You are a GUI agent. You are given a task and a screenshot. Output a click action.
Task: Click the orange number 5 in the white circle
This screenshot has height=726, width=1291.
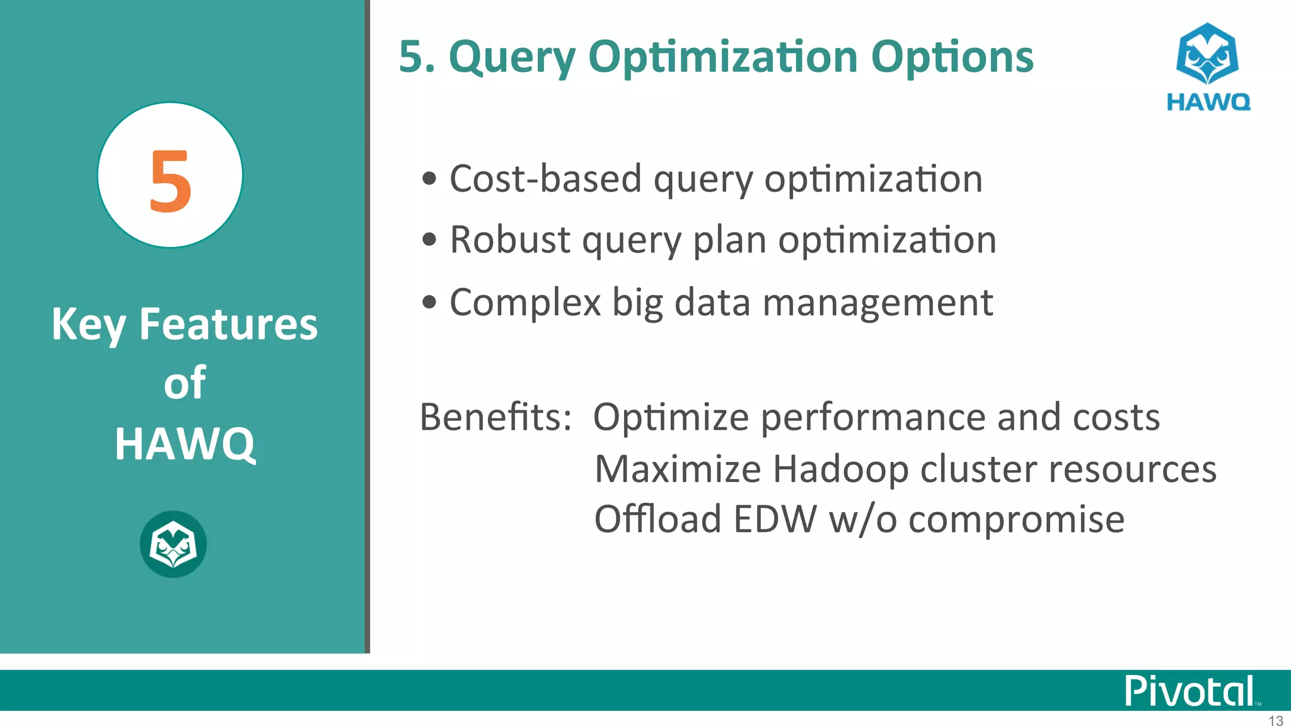click(170, 181)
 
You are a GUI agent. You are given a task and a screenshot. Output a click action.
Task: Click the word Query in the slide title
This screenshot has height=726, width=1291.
click(512, 58)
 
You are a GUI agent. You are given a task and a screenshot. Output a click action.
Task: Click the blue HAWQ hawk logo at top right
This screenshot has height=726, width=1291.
click(1207, 54)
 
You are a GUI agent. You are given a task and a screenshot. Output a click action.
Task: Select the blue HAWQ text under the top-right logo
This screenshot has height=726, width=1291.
click(1208, 102)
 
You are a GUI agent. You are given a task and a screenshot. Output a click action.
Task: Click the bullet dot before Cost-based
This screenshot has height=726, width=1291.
click(429, 179)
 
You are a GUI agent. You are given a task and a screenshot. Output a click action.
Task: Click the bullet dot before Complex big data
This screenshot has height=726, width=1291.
click(429, 302)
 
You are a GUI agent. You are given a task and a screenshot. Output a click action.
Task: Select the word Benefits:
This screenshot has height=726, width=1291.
click(495, 417)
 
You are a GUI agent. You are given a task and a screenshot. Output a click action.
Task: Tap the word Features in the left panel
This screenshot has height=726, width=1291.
click(228, 325)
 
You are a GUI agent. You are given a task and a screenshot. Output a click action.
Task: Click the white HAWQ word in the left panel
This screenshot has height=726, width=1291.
click(185, 444)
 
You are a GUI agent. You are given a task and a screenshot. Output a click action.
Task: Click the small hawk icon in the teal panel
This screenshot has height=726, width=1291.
click(173, 544)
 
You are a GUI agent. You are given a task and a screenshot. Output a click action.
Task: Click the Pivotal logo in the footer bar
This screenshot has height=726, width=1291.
click(1190, 691)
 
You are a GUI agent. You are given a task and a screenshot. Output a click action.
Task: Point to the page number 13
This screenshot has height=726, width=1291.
click(1275, 720)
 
